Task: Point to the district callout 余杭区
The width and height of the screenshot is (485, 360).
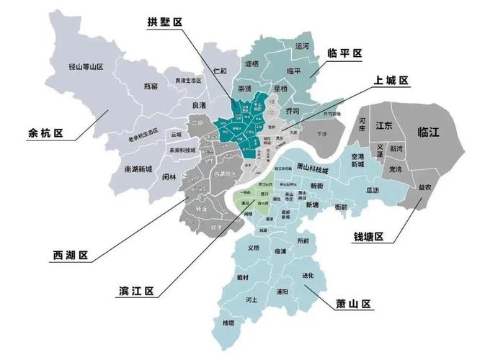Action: tap(45, 133)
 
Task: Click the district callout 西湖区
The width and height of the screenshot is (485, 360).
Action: tap(71, 256)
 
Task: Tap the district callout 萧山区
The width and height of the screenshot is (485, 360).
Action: tap(353, 303)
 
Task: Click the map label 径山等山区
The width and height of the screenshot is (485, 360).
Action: tap(86, 66)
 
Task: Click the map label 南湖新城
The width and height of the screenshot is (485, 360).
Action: tap(138, 169)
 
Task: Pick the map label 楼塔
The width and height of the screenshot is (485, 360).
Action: tap(230, 323)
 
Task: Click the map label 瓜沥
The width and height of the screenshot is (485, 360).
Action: tap(372, 190)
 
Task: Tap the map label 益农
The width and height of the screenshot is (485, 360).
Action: tap(425, 186)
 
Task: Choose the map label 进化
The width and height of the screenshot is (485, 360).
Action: tap(308, 275)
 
